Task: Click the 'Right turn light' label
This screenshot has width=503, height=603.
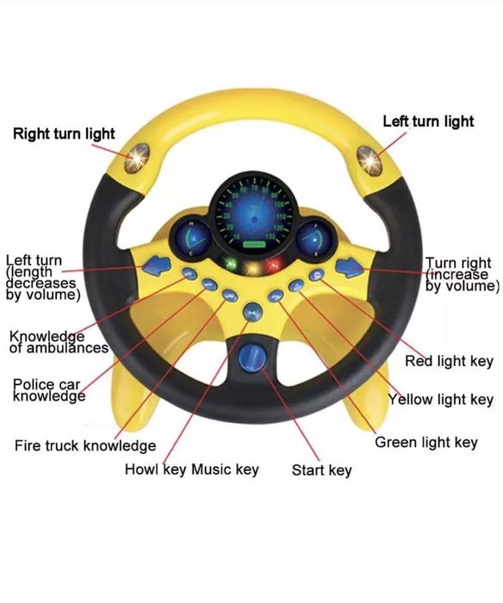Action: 64,134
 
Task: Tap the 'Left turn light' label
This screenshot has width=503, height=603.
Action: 428,121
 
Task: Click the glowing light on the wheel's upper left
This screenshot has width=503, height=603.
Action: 137,158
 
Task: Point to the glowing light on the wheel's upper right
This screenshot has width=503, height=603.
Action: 369,161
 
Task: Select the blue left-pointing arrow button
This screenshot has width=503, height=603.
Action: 157,265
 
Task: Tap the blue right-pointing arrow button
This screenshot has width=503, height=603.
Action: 350,267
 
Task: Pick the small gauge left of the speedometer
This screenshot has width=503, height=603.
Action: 191,238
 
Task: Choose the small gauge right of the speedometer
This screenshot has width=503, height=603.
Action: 316,239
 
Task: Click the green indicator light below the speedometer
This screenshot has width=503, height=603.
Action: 231,264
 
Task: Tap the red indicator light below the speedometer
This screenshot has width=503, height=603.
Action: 274,264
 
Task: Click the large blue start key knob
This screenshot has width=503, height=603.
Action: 251,358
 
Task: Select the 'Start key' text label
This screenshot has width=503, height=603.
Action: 322,470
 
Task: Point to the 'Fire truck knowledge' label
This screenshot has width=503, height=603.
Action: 85,445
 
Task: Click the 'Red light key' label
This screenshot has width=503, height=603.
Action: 449,362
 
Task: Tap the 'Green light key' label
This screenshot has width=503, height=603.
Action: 426,443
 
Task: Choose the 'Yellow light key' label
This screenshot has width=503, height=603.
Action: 441,400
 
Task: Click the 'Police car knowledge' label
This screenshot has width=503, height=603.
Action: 49,390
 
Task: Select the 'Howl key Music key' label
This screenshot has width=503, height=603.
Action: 192,469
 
